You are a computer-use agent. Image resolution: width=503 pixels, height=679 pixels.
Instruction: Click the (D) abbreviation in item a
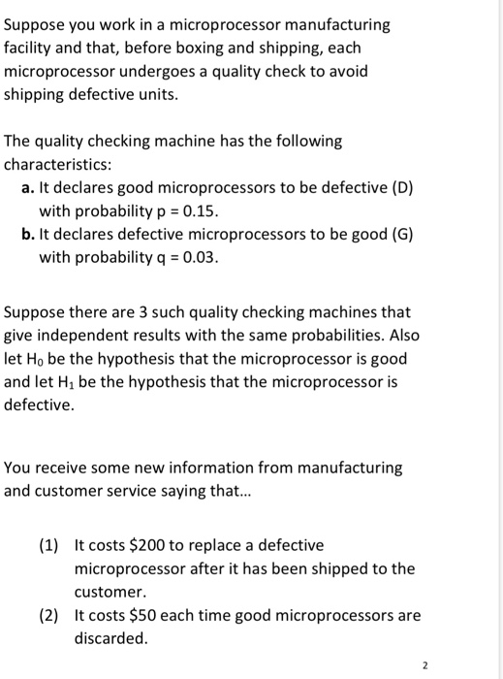coord(400,187)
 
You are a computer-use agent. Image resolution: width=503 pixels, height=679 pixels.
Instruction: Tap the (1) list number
coord(49,545)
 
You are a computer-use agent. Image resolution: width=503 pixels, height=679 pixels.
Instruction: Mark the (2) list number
coord(49,615)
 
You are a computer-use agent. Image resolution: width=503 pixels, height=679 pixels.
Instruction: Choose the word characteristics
coord(59,164)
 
